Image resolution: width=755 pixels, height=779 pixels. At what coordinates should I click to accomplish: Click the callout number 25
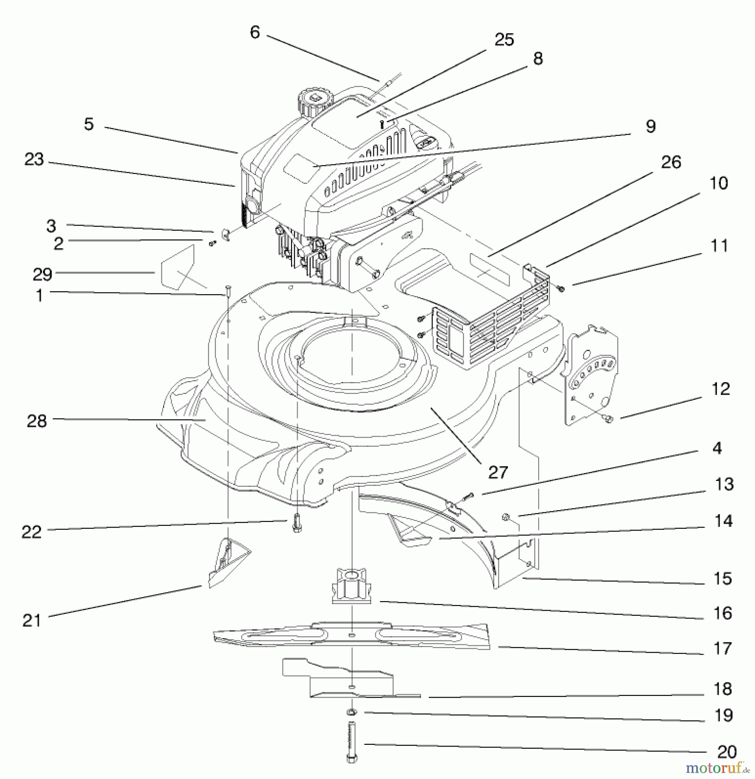pyautogui.click(x=504, y=39)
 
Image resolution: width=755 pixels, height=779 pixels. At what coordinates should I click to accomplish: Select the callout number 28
pyautogui.click(x=36, y=420)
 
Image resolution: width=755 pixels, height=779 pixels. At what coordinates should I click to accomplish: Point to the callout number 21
pyautogui.click(x=31, y=620)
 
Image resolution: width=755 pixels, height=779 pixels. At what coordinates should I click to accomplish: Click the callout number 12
pyautogui.click(x=720, y=389)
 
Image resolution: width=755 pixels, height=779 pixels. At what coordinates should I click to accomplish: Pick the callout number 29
pyautogui.click(x=42, y=274)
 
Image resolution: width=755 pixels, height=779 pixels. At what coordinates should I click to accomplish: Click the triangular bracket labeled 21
pyautogui.click(x=228, y=560)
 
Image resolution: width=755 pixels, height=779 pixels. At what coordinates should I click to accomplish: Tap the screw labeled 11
pyautogui.click(x=562, y=287)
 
